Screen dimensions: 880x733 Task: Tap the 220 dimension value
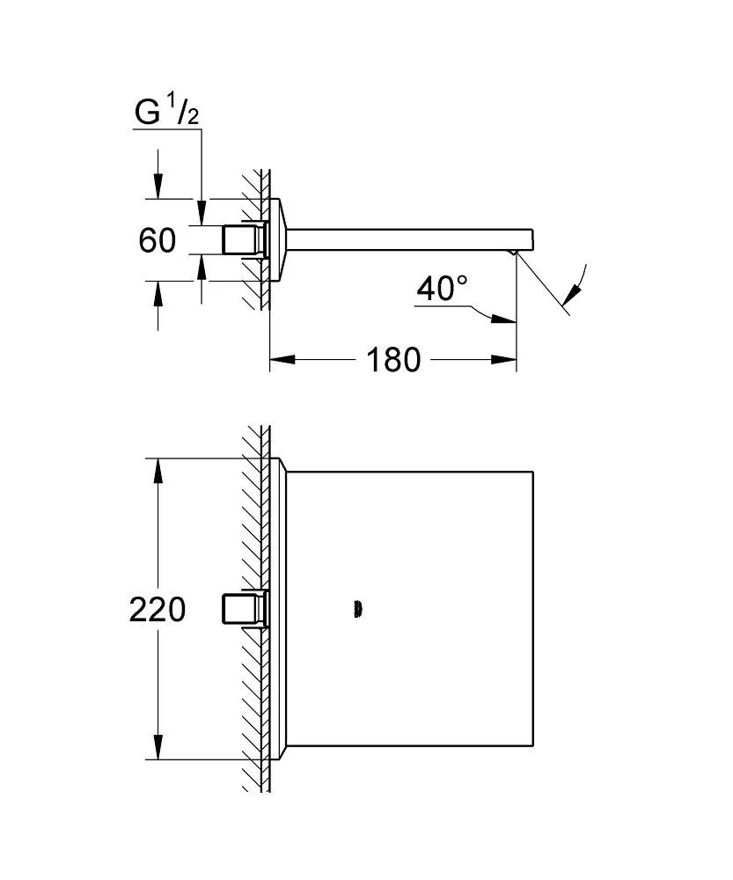pyautogui.click(x=158, y=609)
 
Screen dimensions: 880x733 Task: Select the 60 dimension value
pyautogui.click(x=158, y=240)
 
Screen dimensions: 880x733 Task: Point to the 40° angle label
pyautogui.click(x=442, y=288)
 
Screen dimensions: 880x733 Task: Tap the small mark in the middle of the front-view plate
pyautogui.click(x=356, y=608)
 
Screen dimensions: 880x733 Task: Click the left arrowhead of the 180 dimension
pyautogui.click(x=280, y=359)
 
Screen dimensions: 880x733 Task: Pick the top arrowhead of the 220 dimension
pyautogui.click(x=158, y=471)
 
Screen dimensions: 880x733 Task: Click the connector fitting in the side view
pyautogui.click(x=244, y=240)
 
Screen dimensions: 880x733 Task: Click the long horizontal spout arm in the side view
pyautogui.click(x=405, y=238)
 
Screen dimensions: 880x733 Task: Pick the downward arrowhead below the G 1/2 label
pyautogui.click(x=202, y=211)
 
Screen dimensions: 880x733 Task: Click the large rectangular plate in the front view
pyautogui.click(x=409, y=608)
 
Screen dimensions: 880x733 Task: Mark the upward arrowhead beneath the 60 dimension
pyautogui.click(x=202, y=265)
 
